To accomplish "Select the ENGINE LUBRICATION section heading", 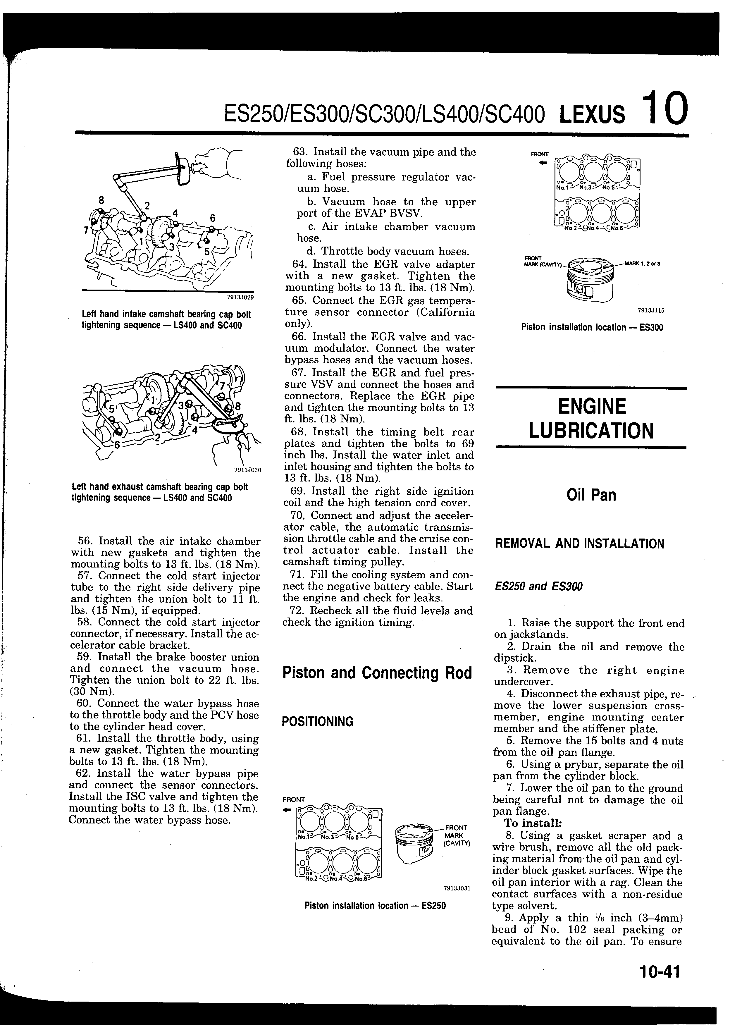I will coord(591,419).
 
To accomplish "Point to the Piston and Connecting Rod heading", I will coord(377,673).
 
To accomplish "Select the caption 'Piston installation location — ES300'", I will coord(592,327).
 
